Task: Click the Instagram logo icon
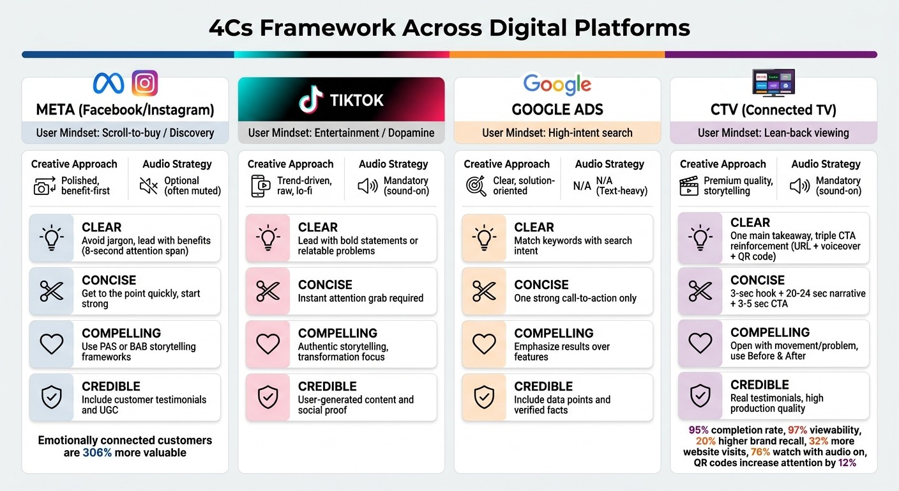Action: (x=144, y=84)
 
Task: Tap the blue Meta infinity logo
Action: (x=109, y=84)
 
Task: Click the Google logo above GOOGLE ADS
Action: (x=557, y=84)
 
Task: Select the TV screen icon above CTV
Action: (x=773, y=83)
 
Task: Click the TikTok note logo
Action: (x=312, y=100)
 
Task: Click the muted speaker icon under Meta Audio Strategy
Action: (x=149, y=186)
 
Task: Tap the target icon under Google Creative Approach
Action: (x=476, y=186)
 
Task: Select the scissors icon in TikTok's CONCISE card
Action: (x=268, y=291)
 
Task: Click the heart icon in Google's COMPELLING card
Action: (x=484, y=344)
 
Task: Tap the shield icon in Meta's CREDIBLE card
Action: (x=51, y=397)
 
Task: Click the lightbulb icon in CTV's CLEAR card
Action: (x=700, y=238)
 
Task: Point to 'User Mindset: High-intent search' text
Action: (x=557, y=133)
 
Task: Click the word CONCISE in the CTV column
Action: (x=757, y=280)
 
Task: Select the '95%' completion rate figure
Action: (x=699, y=430)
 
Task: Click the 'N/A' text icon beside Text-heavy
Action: (x=582, y=186)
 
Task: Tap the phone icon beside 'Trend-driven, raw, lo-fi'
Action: (x=259, y=186)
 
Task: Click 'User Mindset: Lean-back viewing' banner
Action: (x=773, y=133)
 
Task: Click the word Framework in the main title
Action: (x=330, y=28)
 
